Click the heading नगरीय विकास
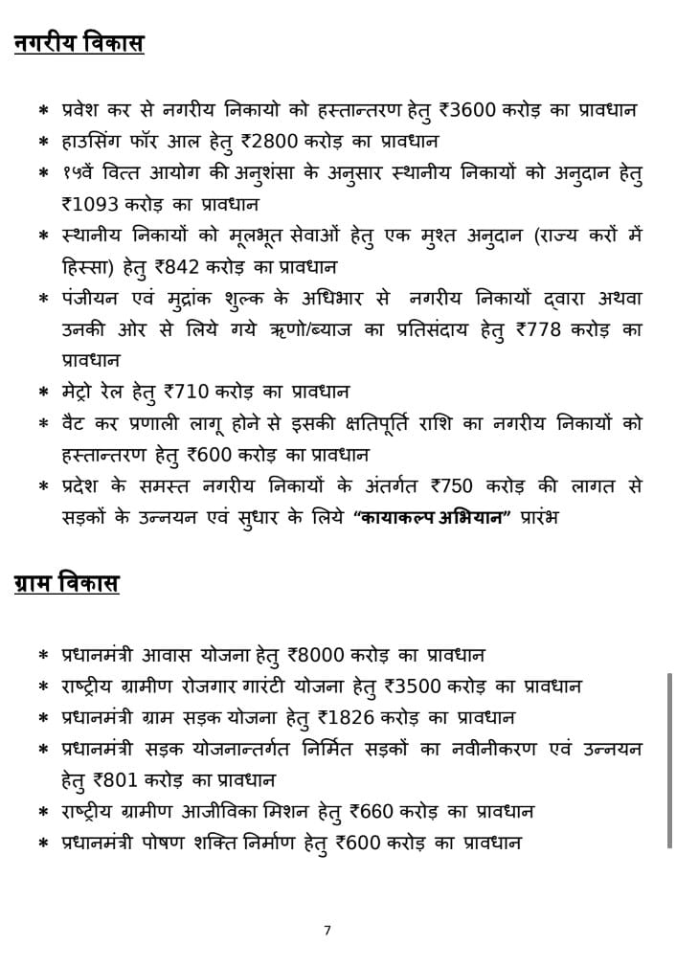(79, 44)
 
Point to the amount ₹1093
(92, 205)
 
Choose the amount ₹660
(370, 812)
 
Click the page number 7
(327, 929)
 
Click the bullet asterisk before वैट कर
(43, 424)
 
